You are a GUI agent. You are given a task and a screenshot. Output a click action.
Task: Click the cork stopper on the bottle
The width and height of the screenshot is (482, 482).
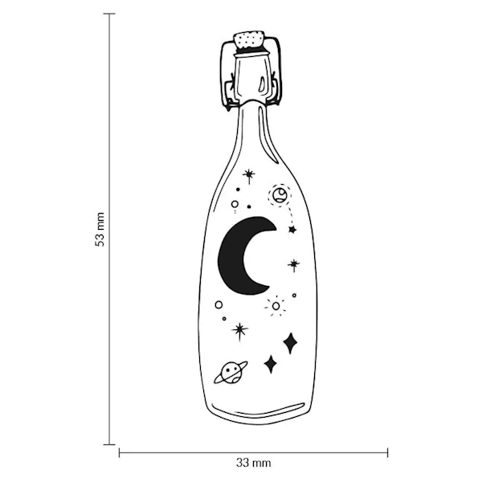(x=250, y=40)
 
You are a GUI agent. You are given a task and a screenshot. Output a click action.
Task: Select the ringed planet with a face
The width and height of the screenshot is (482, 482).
(x=231, y=373)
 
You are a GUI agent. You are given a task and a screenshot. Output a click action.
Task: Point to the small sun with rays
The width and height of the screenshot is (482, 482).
(x=276, y=306)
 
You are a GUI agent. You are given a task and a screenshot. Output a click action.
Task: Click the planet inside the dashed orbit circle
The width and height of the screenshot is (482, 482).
(x=280, y=195)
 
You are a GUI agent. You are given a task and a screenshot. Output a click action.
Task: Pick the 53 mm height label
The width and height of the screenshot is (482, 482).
(x=100, y=229)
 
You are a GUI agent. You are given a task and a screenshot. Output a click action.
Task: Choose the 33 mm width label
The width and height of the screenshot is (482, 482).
(x=253, y=463)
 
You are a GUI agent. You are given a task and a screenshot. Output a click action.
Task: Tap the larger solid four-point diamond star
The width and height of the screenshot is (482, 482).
(x=289, y=343)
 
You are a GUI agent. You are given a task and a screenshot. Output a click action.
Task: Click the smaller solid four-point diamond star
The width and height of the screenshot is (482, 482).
(x=270, y=364)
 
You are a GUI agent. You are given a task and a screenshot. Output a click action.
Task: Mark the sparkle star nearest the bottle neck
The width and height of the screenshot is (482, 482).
(x=249, y=175)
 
